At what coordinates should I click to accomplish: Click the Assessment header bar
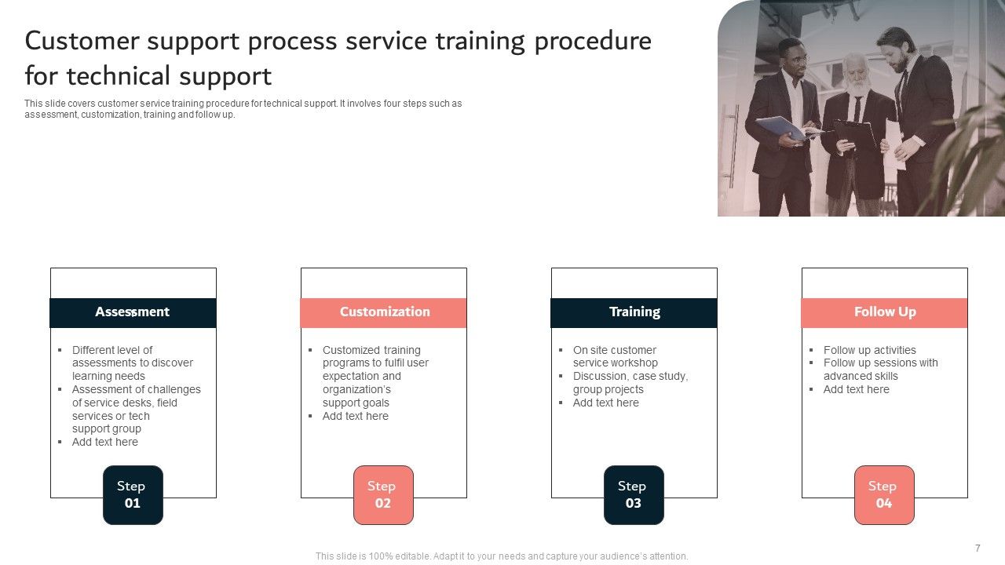pyautogui.click(x=133, y=312)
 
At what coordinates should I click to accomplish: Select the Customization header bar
pyautogui.click(x=384, y=312)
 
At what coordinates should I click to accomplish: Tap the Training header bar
pyautogui.click(x=634, y=312)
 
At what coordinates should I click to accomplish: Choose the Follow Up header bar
pyautogui.click(x=884, y=312)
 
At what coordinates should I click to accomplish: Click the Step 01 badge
pyautogui.click(x=133, y=494)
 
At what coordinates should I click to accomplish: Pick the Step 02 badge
pyautogui.click(x=383, y=494)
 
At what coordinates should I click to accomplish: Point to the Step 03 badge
pyautogui.click(x=634, y=494)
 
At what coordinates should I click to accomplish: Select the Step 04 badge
pyautogui.click(x=884, y=494)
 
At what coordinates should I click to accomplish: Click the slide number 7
pyautogui.click(x=978, y=548)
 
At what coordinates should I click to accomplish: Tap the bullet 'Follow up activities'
pyautogui.click(x=869, y=350)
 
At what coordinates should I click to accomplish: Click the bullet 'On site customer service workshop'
pyautogui.click(x=615, y=356)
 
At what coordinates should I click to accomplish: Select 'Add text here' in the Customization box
pyautogui.click(x=355, y=416)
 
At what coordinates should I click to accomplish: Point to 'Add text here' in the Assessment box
pyautogui.click(x=104, y=442)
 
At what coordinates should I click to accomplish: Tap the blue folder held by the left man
pyautogui.click(x=780, y=128)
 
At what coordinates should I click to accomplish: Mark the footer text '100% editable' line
pyautogui.click(x=501, y=556)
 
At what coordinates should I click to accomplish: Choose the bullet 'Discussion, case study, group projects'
pyautogui.click(x=630, y=383)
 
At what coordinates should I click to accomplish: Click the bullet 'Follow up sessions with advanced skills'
pyautogui.click(x=879, y=370)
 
